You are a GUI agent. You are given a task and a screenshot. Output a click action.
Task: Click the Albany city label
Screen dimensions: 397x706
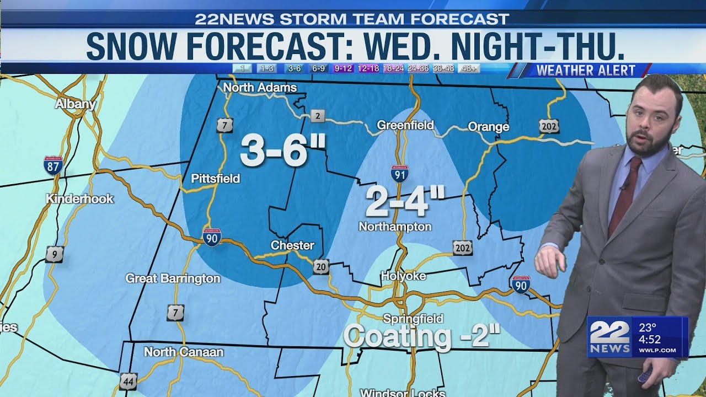[76, 104]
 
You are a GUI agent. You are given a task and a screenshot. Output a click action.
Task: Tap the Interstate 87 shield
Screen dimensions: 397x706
[53, 165]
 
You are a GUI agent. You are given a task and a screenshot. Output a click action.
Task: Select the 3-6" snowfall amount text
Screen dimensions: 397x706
[283, 151]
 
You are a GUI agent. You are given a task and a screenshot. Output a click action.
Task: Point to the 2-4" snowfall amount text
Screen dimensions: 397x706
[405, 202]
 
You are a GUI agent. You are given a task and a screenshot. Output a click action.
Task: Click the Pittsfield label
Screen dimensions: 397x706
[215, 179]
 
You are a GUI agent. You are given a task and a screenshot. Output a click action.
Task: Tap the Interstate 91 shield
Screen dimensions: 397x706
[399, 174]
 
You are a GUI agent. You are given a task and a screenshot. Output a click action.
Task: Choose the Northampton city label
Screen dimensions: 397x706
[395, 227]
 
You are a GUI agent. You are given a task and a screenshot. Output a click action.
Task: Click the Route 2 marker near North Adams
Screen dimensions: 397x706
[317, 116]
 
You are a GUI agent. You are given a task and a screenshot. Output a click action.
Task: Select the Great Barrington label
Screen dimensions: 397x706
[173, 278]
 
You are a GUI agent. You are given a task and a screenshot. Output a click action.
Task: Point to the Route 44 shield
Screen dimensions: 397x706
[128, 381]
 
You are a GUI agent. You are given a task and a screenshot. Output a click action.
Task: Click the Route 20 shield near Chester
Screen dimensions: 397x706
[321, 267]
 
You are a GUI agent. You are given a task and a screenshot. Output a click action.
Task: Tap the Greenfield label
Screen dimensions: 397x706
[405, 126]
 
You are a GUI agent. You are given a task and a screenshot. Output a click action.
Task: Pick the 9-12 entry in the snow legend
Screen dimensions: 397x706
[343, 69]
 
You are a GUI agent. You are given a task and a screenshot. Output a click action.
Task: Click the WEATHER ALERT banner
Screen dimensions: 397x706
[586, 70]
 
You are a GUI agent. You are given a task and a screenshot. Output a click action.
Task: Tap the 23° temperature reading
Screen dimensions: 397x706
[648, 328]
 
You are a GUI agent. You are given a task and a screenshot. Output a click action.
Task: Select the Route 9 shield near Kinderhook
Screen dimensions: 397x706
[54, 254]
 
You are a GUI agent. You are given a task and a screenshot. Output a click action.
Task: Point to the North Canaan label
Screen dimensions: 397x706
[184, 352]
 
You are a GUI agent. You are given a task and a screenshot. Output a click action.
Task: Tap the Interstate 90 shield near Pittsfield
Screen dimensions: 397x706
[212, 237]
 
